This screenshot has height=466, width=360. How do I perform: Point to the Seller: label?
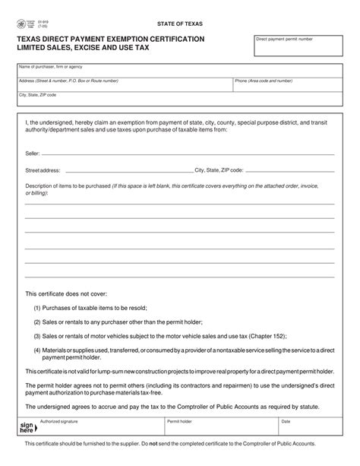click(33, 153)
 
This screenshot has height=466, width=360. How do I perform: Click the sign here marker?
click(27, 429)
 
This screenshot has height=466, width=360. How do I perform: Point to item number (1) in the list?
click(37, 308)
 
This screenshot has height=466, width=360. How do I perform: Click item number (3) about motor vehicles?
click(37, 334)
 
